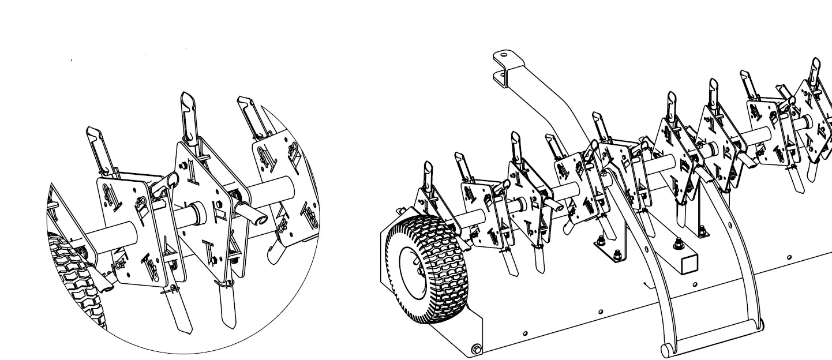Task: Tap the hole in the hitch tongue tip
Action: [x=504, y=57]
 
